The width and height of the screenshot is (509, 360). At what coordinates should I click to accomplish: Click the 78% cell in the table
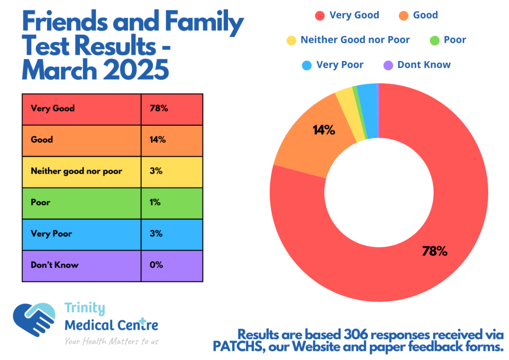pos(171,108)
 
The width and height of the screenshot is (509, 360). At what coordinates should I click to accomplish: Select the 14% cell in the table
pos(171,140)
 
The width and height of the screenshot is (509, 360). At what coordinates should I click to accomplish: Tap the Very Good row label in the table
pos(82,108)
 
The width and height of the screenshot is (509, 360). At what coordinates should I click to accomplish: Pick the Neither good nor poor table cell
pos(82,171)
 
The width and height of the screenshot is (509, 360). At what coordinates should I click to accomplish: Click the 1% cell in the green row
pos(171,202)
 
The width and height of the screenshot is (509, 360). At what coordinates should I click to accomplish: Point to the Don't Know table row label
pos(82,265)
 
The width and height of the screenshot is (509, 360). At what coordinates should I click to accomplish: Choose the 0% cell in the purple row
pos(171,265)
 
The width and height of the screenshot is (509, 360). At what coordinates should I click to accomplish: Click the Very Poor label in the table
pos(82,234)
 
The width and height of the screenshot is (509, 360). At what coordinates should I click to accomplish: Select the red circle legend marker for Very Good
pos(320,15)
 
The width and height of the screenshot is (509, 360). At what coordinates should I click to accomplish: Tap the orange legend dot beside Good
pos(403,15)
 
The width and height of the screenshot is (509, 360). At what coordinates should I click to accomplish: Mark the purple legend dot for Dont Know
pos(388,65)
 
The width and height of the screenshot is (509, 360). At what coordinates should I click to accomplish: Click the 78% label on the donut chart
pos(434,252)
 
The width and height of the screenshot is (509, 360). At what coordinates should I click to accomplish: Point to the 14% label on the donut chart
pos(324,131)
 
